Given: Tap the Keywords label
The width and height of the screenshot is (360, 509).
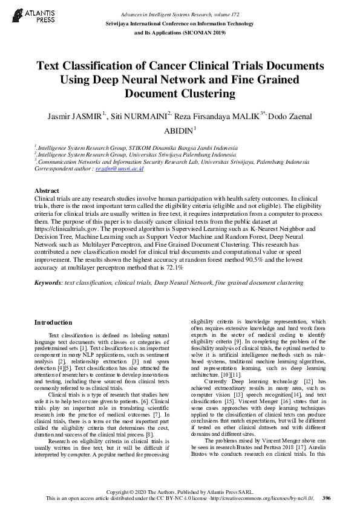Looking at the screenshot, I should point(48,282).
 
